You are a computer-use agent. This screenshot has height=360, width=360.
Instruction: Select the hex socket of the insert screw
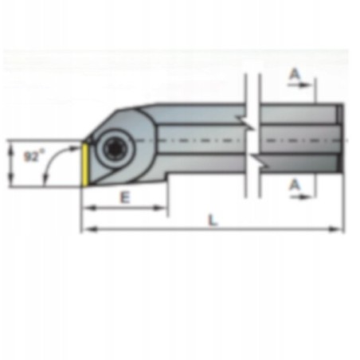click(110, 147)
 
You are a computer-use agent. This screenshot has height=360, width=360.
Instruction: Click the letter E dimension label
click(124, 198)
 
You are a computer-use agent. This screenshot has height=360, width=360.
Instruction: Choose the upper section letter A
click(295, 74)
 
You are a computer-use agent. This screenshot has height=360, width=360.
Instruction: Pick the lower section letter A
click(295, 185)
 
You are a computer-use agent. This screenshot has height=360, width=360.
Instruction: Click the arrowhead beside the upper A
click(311, 83)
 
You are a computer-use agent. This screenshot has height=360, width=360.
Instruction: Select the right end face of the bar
click(340, 139)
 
